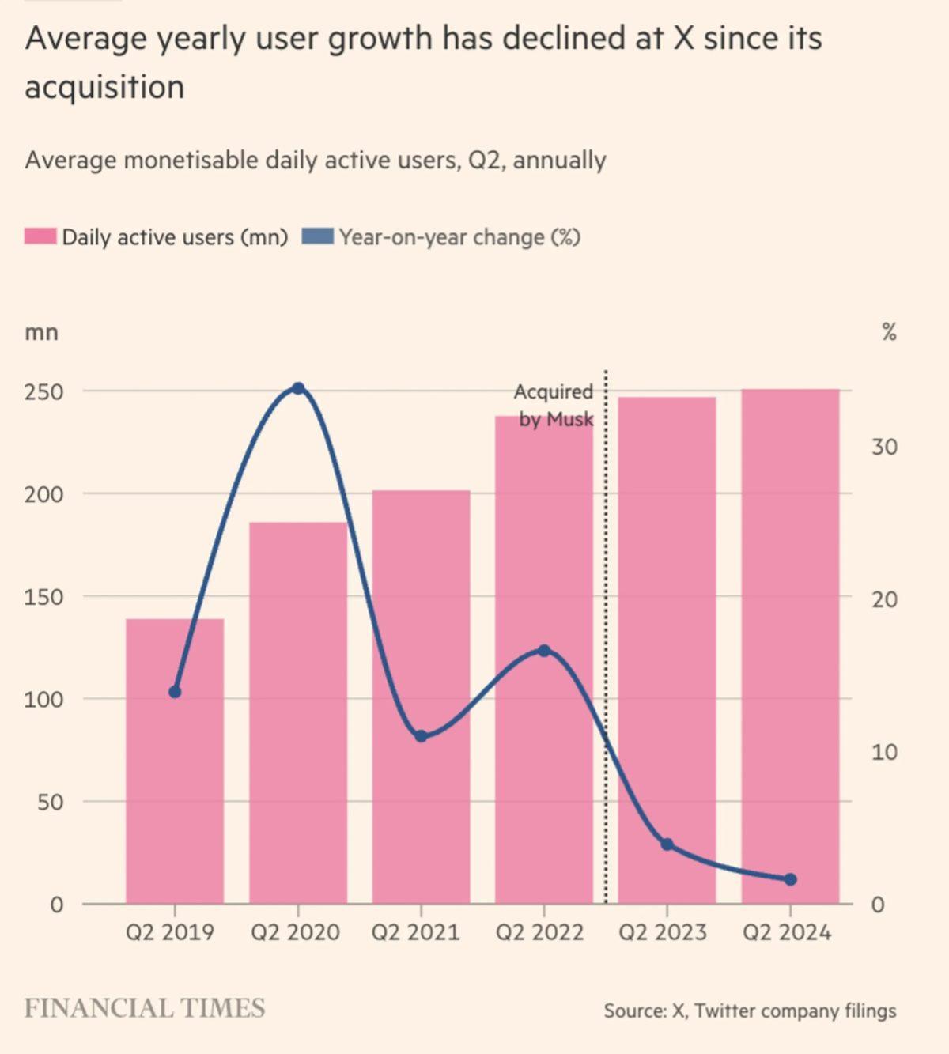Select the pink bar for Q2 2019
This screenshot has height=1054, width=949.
175,791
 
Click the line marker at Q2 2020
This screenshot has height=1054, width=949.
298,388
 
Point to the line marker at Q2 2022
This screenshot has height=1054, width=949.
544,651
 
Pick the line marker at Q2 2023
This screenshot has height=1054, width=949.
667,844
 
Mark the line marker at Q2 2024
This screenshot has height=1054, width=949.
790,879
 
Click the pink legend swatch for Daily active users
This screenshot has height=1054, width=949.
40,237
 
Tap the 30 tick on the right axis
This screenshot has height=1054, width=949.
885,448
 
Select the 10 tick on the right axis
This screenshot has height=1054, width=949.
885,752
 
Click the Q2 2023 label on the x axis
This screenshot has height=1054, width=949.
663,932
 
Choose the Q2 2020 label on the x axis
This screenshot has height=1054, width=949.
295,932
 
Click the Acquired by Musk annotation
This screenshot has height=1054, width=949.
554,405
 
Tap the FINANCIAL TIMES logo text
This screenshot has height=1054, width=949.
145,1009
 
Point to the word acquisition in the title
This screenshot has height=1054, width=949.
104,87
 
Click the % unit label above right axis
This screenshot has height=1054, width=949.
889,332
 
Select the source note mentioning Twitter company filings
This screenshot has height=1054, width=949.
750,1011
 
